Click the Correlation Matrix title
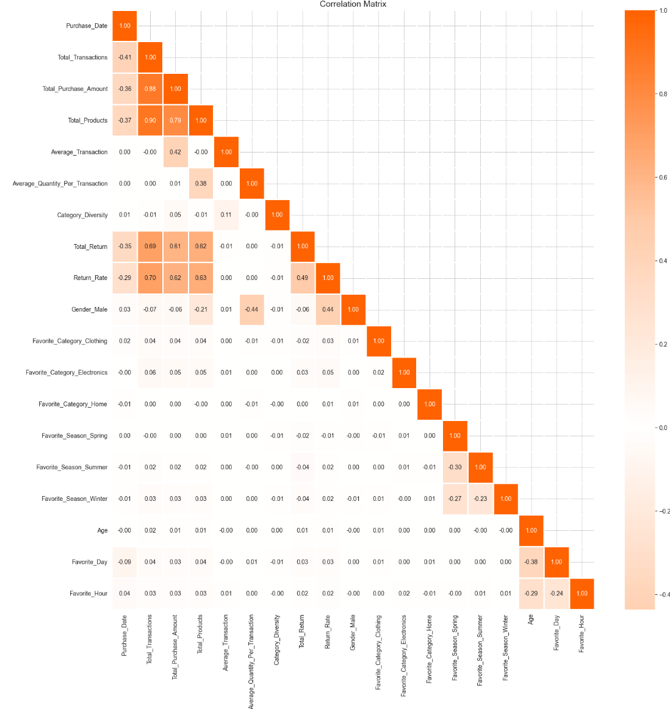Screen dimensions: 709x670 [353, 4]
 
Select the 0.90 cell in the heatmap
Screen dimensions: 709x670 [150, 120]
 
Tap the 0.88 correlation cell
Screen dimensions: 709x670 [150, 88]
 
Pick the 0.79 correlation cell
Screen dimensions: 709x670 [175, 120]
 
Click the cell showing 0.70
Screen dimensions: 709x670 [150, 278]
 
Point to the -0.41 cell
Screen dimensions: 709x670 [124, 57]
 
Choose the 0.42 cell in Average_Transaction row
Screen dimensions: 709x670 [175, 152]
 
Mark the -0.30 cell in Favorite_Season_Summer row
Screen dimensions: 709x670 [455, 467]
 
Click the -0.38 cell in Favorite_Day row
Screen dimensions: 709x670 [531, 562]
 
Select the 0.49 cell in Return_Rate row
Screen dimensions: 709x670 [303, 278]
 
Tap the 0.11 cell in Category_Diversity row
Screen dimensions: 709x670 [226, 215]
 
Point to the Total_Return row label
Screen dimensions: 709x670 [90, 247]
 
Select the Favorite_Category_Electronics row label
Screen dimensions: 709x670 [67, 373]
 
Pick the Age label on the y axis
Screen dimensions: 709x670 [103, 531]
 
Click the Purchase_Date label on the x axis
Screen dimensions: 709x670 [124, 635]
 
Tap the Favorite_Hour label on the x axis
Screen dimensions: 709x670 [582, 634]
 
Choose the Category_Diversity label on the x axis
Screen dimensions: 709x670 [277, 640]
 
